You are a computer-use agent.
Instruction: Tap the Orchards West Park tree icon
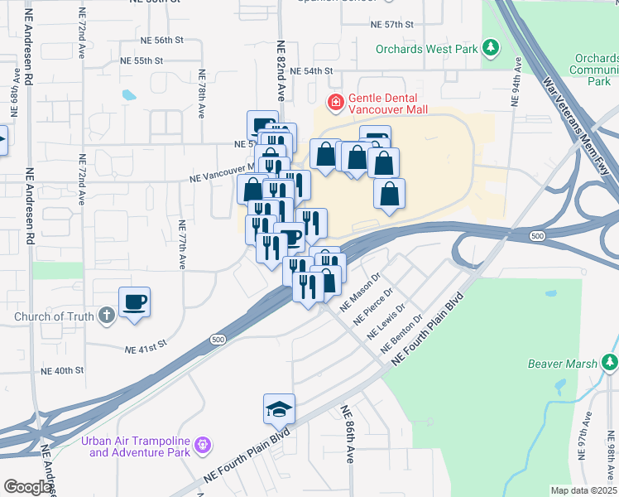pos(492,48)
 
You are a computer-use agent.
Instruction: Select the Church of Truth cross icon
pos(105,316)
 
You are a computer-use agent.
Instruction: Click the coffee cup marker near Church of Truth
pos(134,302)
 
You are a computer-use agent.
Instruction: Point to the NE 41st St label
pos(146,350)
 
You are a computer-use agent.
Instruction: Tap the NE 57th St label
pos(392,25)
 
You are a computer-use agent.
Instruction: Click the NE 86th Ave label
pos(348,434)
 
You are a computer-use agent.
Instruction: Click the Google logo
pos(27,487)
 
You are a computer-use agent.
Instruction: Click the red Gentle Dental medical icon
pos(335,103)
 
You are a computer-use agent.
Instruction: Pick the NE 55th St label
pos(142,60)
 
